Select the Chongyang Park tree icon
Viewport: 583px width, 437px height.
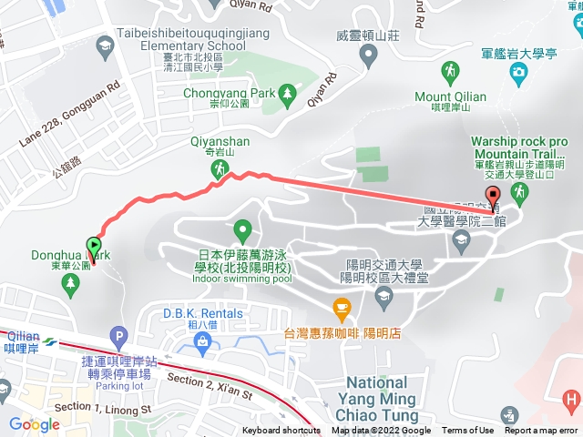coord(287,92)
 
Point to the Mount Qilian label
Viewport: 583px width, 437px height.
coord(451,97)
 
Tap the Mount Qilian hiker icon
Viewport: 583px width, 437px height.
coord(450,71)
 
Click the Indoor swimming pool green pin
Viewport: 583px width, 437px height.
coord(242,229)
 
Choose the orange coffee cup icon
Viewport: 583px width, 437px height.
coord(342,308)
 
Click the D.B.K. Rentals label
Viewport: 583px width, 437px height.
coord(202,313)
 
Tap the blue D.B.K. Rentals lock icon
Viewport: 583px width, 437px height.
coord(203,343)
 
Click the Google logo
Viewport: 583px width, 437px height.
coord(34,424)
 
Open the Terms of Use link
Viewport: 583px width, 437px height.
coord(468,431)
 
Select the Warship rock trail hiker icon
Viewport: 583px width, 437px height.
coord(520,192)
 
